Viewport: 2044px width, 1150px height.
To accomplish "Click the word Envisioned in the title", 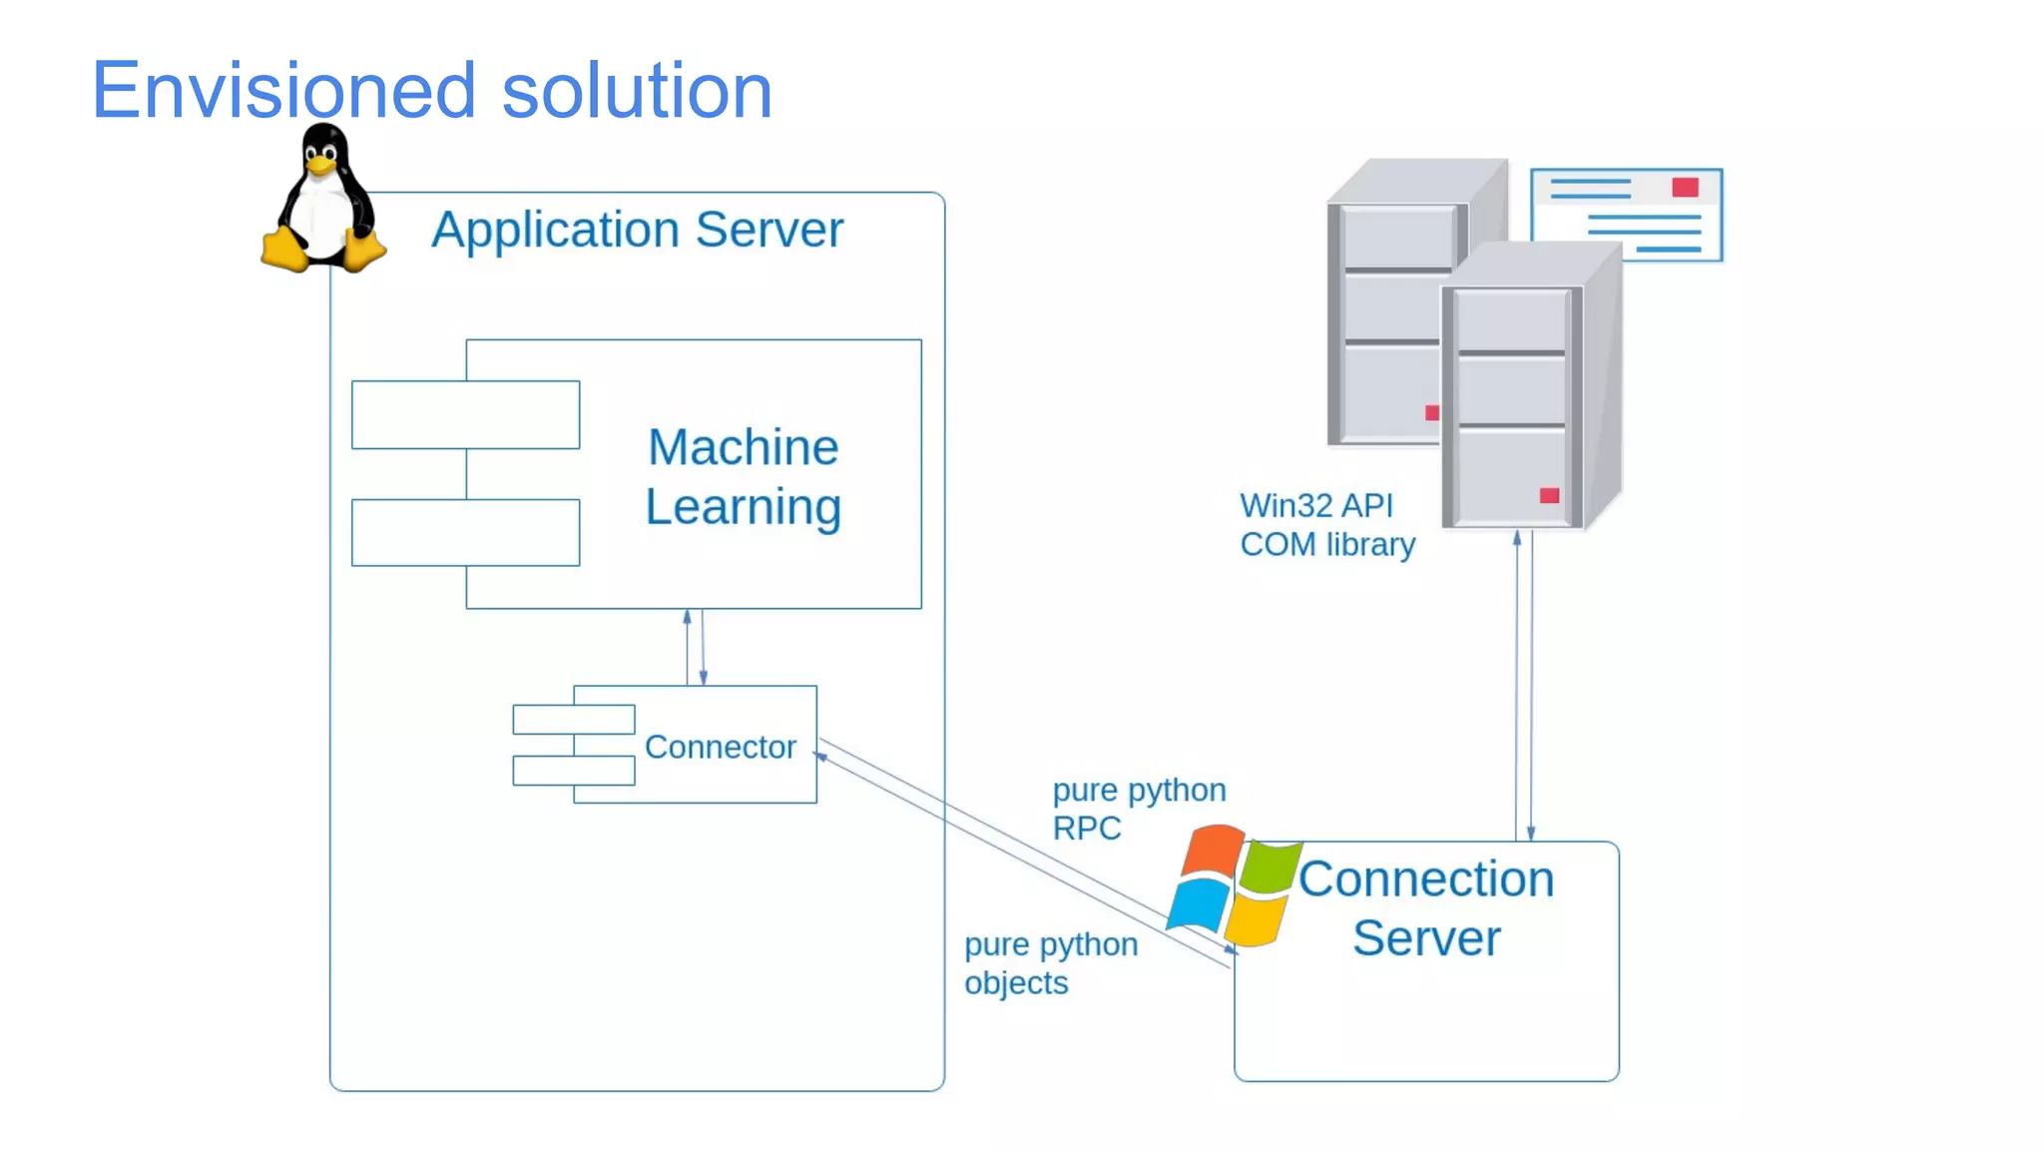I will point(282,91).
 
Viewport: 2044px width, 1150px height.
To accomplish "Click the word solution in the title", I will point(637,91).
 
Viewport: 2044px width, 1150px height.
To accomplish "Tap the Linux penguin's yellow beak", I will point(319,166).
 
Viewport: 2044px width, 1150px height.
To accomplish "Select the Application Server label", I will point(637,231).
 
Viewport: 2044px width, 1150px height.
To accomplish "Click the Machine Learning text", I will point(744,476).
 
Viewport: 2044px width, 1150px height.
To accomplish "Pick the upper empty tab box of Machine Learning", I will point(465,414).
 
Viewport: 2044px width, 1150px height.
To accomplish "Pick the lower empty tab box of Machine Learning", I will point(465,532).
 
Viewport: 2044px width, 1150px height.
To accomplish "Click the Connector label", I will point(720,747).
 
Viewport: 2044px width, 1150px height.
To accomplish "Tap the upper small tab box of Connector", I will point(573,719).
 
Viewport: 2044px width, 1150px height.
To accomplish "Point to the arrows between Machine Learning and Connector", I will point(695,647).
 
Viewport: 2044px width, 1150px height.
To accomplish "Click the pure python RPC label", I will point(1138,809).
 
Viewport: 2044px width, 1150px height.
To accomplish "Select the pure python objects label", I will point(1050,963).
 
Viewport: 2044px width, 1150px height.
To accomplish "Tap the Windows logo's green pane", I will point(1272,867).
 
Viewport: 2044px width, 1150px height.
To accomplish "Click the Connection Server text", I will point(1425,908).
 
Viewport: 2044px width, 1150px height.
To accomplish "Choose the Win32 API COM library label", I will point(1326,525).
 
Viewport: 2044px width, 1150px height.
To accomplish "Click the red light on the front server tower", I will point(1549,495).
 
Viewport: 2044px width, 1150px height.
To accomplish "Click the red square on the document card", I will point(1685,188).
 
